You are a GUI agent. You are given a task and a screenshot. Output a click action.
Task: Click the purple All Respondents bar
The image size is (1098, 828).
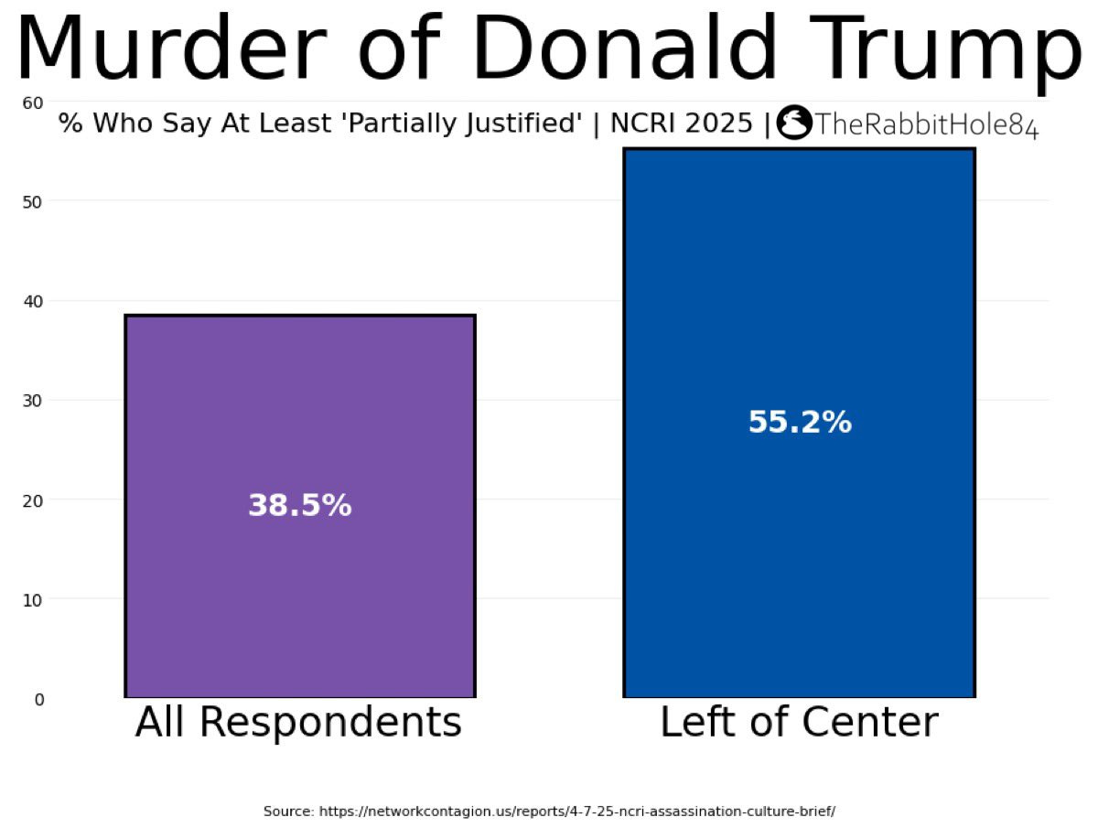[x=299, y=505]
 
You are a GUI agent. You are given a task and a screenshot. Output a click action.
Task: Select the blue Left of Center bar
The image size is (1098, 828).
[x=799, y=422]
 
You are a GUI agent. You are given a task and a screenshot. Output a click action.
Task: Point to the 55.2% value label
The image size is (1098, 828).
[x=800, y=422]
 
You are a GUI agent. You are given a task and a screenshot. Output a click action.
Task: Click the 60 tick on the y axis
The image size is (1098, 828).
[x=33, y=103]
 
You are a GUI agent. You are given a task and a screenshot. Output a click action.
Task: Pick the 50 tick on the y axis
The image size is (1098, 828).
[x=33, y=202]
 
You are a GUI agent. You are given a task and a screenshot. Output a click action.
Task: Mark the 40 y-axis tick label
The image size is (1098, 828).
[x=33, y=302]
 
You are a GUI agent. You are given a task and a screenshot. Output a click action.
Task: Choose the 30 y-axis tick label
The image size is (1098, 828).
[x=33, y=401]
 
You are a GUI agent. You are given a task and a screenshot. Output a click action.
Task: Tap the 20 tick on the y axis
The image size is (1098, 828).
[x=33, y=500]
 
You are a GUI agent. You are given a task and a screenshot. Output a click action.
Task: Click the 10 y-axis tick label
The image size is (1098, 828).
[x=33, y=599]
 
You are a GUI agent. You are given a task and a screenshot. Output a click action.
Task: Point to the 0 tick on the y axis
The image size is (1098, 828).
[x=39, y=698]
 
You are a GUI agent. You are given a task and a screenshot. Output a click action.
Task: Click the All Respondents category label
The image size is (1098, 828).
[x=298, y=722]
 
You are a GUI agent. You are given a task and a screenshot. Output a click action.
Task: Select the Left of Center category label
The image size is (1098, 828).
[x=799, y=721]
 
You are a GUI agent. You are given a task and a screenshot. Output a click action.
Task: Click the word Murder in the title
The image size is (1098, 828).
[x=172, y=47]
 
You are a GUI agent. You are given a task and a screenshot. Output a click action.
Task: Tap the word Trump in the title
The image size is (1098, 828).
[x=945, y=52]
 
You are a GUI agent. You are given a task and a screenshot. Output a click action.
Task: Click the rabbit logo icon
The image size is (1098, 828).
[x=794, y=122]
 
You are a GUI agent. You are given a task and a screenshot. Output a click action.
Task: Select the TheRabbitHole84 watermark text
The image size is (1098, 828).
[x=926, y=124]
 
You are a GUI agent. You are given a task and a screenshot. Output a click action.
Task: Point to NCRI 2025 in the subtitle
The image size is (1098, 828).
[x=681, y=123]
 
